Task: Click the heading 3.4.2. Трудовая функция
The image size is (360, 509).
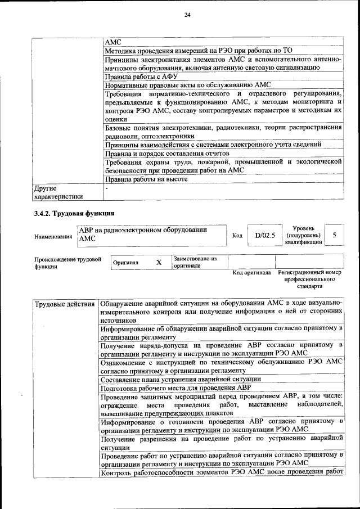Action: click(74, 213)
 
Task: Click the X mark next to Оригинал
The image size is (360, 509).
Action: click(159, 262)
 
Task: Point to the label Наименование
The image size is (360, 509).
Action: click(53, 237)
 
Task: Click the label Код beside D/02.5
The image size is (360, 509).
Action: click(237, 236)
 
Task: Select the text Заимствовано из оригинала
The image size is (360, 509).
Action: click(195, 262)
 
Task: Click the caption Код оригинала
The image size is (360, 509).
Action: click(251, 273)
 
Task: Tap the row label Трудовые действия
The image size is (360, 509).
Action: click(64, 304)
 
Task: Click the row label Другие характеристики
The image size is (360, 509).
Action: click(58, 192)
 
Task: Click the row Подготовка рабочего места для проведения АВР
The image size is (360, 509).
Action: click(175, 388)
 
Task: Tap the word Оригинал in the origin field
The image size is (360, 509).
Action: click(125, 263)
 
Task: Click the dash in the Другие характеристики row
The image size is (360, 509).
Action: click(106, 188)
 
